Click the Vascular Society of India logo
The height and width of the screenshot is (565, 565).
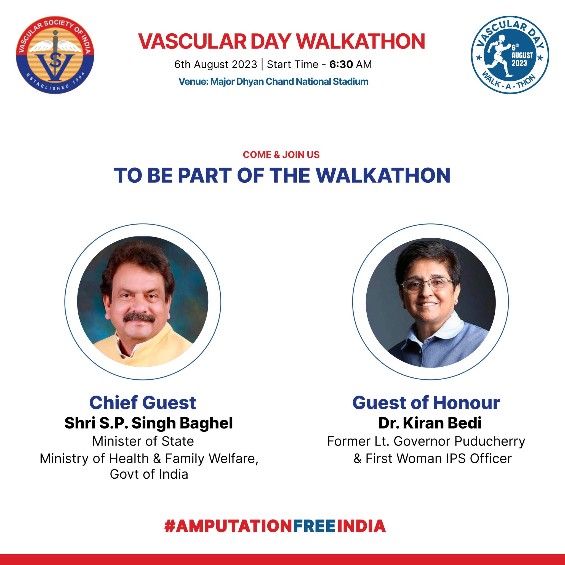click(55, 55)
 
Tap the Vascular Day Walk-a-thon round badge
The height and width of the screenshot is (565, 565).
click(510, 55)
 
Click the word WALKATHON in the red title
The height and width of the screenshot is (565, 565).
click(361, 41)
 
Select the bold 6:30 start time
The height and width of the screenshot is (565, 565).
click(341, 64)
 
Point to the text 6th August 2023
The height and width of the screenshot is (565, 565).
click(215, 64)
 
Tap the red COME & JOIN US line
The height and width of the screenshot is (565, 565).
click(281, 155)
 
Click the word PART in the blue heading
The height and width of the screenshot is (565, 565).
click(205, 175)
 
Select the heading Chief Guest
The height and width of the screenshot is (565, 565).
click(143, 403)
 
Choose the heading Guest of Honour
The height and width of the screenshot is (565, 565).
click(427, 403)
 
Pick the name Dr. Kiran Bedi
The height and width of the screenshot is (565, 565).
click(430, 423)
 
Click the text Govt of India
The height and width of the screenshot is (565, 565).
click(149, 474)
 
